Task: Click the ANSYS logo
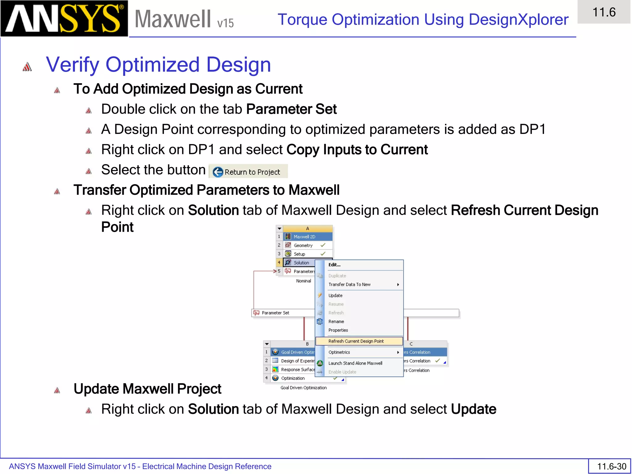[64, 19]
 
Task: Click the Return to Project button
[248, 172]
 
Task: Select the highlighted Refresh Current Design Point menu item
[356, 341]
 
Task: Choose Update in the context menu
[335, 295]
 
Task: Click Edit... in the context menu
[335, 265]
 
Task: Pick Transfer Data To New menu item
[349, 285]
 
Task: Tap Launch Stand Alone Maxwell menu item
[355, 363]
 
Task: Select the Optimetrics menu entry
[339, 352]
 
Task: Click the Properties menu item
[338, 330]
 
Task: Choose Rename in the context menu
[336, 322]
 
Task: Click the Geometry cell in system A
[303, 245]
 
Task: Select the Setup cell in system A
[299, 254]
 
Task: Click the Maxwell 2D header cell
[305, 237]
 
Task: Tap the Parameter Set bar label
[275, 313]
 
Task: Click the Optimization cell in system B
[293, 378]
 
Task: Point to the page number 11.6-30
[611, 466]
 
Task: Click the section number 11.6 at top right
[604, 12]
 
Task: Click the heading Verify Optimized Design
[158, 65]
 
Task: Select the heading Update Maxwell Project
[147, 389]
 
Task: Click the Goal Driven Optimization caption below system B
[303, 388]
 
